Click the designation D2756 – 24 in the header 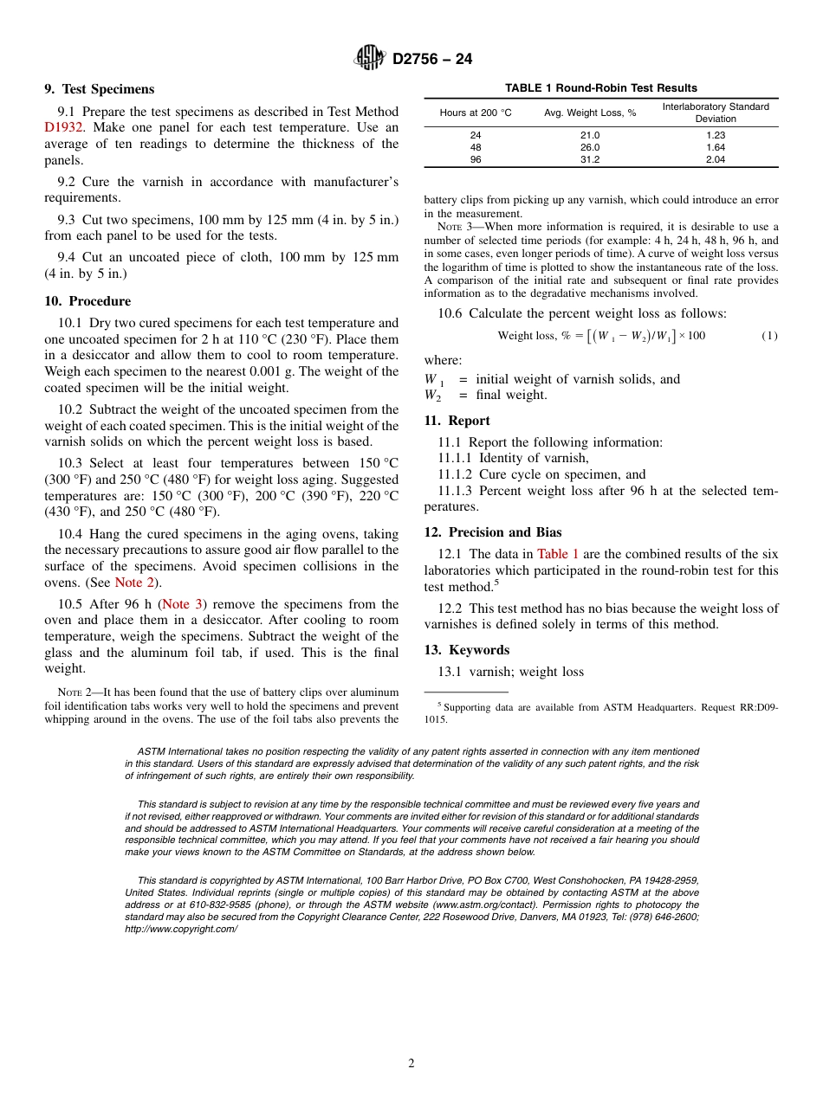click(x=432, y=59)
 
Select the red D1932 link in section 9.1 click(x=64, y=127)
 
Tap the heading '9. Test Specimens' click(x=99, y=89)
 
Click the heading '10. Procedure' click(x=87, y=301)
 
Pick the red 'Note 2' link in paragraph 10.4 click(x=134, y=583)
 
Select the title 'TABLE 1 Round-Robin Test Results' click(x=600, y=88)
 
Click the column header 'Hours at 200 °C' click(x=476, y=113)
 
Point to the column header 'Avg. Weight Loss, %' click(x=589, y=113)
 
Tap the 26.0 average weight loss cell click(x=589, y=147)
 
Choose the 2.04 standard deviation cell click(x=715, y=159)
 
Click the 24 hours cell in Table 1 click(x=476, y=135)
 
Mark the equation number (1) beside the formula click(x=769, y=336)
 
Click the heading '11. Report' click(x=457, y=421)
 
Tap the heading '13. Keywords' click(x=466, y=650)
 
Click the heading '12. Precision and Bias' click(x=492, y=532)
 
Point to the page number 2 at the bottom click(x=411, y=1064)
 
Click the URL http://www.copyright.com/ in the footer click(x=180, y=929)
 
